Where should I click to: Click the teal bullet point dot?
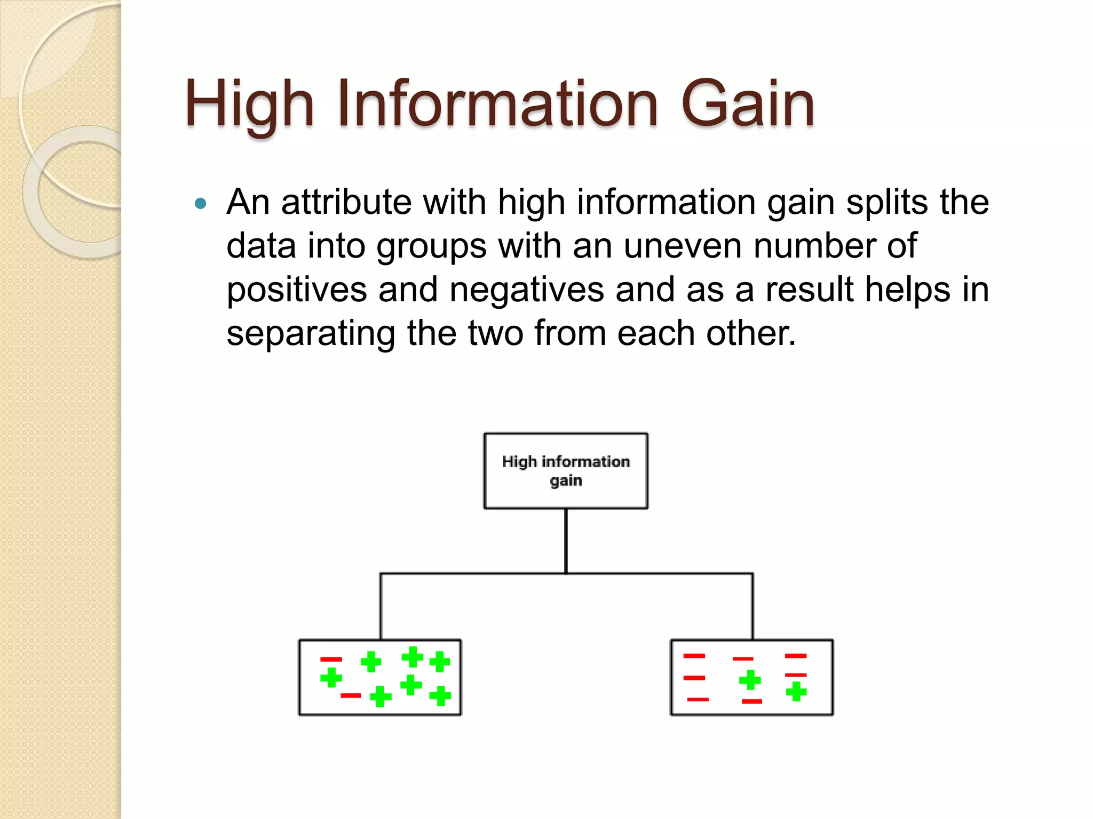[201, 203]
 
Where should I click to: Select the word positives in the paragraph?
[296, 290]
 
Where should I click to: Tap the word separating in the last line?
[311, 334]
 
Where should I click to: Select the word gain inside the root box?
[566, 480]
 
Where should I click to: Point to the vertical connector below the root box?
[566, 541]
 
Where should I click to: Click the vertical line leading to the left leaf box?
[381, 607]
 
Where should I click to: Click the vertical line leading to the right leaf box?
[753, 607]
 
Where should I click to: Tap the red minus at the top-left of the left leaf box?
[331, 660]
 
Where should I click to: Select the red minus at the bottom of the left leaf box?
[351, 695]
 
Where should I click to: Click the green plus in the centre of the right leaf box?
[750, 680]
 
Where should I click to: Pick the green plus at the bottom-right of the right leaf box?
[796, 692]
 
